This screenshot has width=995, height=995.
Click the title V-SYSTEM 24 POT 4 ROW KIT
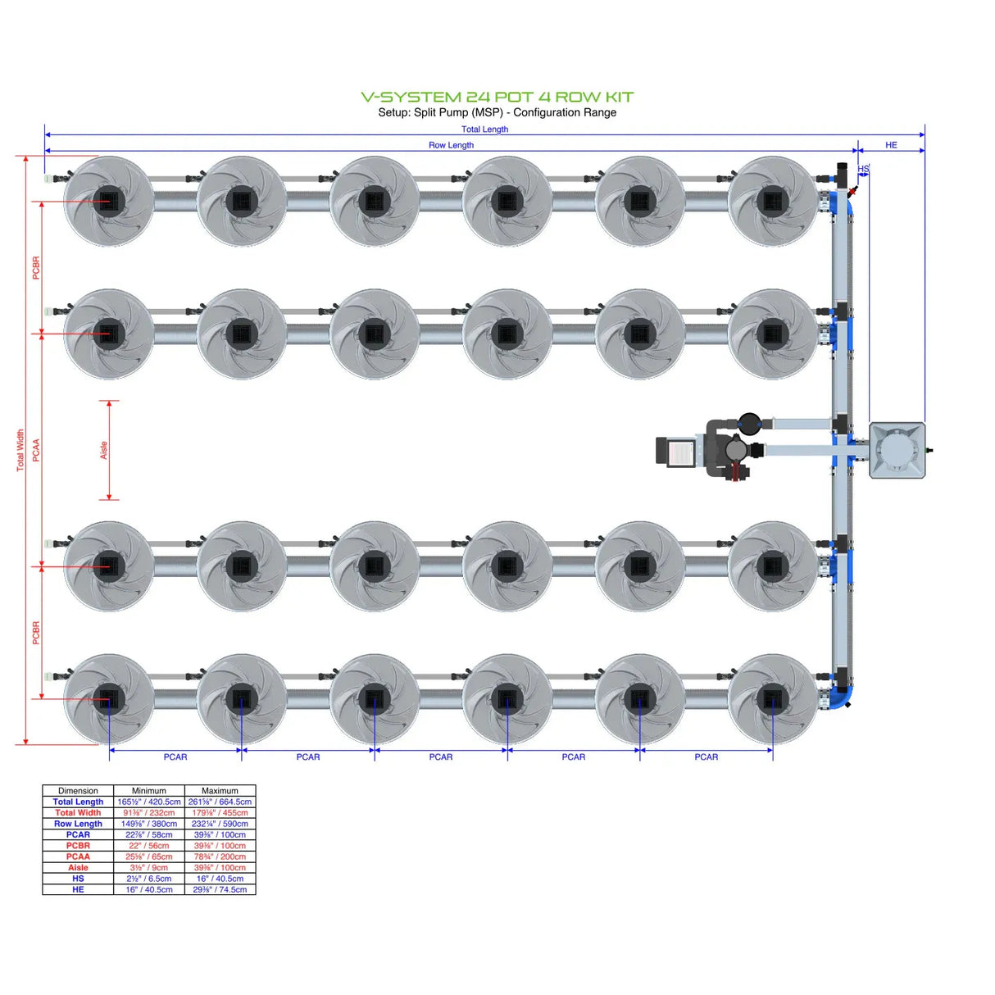click(497, 97)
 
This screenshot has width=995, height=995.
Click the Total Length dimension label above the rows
click(484, 129)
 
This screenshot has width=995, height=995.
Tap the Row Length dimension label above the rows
click(451, 145)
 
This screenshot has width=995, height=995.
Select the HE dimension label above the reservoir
click(891, 145)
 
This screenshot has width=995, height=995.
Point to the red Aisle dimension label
click(104, 450)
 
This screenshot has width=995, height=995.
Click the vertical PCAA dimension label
click(36, 450)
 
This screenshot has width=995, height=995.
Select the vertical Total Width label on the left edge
click(20, 450)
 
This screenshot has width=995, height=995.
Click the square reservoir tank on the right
click(897, 450)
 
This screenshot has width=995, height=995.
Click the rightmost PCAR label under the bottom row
click(706, 756)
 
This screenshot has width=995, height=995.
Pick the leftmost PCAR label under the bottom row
click(175, 756)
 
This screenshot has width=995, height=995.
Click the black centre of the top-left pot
click(108, 201)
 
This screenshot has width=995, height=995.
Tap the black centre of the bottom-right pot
click(772, 699)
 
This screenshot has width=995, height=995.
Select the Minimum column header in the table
click(148, 791)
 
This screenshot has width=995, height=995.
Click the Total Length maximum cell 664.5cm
click(220, 802)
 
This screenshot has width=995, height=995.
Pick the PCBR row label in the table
click(78, 845)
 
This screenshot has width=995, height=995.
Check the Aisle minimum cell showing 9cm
click(148, 867)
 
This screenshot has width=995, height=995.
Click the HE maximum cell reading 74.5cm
click(220, 889)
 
